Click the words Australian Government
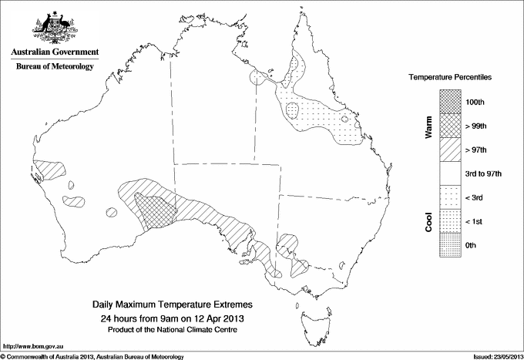click(x=55, y=52)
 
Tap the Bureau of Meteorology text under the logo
click(x=55, y=66)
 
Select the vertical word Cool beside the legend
click(x=429, y=221)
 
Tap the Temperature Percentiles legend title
click(x=450, y=78)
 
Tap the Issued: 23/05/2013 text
click(x=493, y=355)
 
